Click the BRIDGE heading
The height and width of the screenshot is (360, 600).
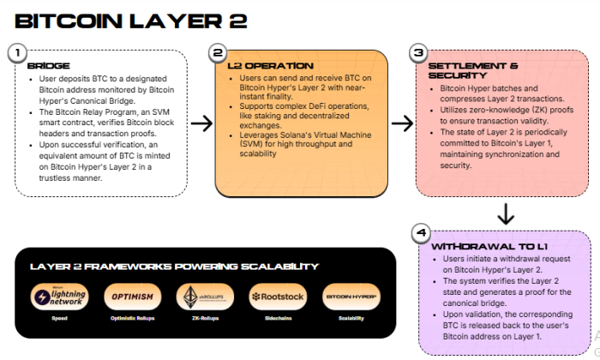coord(42,65)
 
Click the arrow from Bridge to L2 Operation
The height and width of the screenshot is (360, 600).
coord(201,123)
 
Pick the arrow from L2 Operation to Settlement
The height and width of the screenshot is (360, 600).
coord(402,123)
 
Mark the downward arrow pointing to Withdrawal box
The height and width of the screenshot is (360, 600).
coord(506,213)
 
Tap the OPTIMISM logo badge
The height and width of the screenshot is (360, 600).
coord(131,297)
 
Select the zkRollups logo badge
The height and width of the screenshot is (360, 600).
coord(204,297)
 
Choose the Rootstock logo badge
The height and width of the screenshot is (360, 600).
coord(278,297)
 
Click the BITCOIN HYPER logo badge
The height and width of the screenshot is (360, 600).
coord(351,297)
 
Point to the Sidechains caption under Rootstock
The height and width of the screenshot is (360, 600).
coord(278,319)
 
